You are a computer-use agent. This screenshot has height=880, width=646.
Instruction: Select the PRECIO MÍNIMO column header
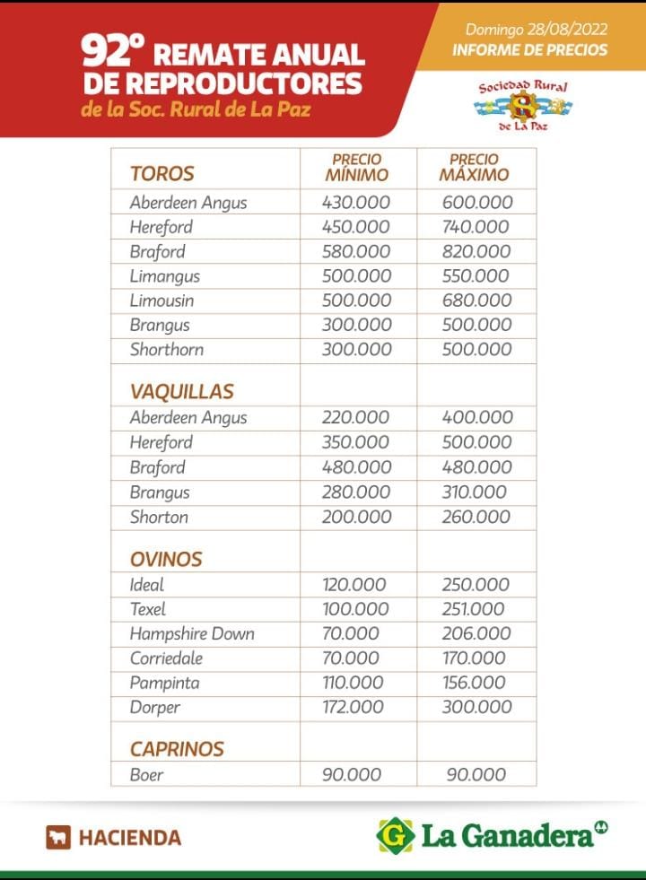pyautogui.click(x=356, y=168)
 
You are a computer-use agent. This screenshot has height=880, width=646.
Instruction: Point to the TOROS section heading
pyautogui.click(x=161, y=173)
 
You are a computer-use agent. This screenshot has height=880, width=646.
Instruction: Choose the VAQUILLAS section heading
pyautogui.click(x=181, y=391)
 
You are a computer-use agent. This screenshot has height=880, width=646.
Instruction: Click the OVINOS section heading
pyautogui.click(x=166, y=559)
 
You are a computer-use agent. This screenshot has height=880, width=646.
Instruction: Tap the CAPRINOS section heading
pyautogui.click(x=177, y=748)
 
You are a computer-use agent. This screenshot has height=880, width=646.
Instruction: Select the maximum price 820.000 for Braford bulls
pyautogui.click(x=476, y=251)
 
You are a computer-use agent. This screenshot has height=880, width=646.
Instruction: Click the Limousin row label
pyautogui.click(x=161, y=301)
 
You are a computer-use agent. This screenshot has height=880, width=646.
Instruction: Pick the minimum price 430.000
pyautogui.click(x=355, y=203)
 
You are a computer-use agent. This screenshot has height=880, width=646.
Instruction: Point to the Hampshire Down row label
pyautogui.click(x=192, y=633)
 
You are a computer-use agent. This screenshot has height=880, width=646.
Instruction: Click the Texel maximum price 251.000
pyautogui.click(x=473, y=609)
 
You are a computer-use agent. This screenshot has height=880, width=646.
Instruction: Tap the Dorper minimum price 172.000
pyautogui.click(x=354, y=707)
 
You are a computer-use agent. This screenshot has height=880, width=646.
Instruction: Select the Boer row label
pyautogui.click(x=146, y=774)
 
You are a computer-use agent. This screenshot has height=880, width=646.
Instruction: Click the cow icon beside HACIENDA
pyautogui.click(x=58, y=837)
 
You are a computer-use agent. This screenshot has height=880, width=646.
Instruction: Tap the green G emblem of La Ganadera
pyautogui.click(x=395, y=835)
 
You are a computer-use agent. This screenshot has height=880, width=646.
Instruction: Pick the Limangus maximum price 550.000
pyautogui.click(x=476, y=276)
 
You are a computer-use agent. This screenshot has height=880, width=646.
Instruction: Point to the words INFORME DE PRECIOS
pyautogui.click(x=529, y=50)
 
